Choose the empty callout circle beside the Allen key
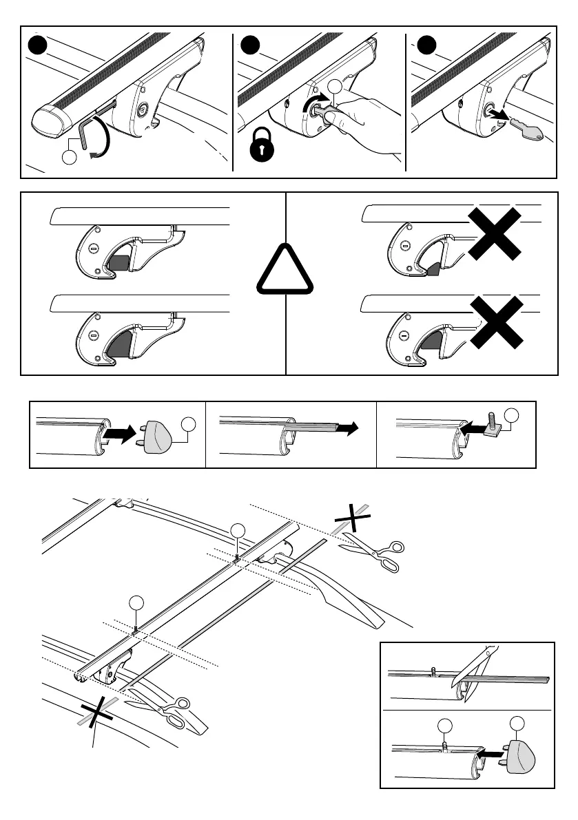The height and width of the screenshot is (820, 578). tap(70, 158)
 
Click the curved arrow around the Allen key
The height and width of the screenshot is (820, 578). tap(101, 138)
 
